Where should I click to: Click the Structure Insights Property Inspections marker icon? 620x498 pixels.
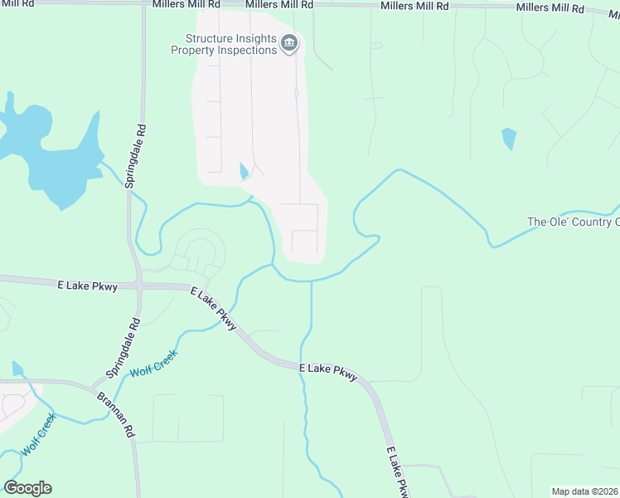coord(288,44)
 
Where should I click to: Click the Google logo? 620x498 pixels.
coord(27,488)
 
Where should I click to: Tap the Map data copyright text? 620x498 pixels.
coord(585,491)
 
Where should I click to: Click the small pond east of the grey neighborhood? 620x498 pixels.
coord(508,139)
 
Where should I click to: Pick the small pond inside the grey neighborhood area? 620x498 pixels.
coord(243,171)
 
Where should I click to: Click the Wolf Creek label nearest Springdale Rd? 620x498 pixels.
coord(154,359)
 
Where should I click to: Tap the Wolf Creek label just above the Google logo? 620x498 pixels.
coord(38,434)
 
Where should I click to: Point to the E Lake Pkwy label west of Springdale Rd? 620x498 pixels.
coord(87,285)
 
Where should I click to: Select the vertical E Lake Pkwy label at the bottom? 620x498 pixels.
coord(399,474)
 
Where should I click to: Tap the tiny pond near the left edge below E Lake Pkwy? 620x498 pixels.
coord(17,369)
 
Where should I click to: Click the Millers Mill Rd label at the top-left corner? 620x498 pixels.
coord(17,4)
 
